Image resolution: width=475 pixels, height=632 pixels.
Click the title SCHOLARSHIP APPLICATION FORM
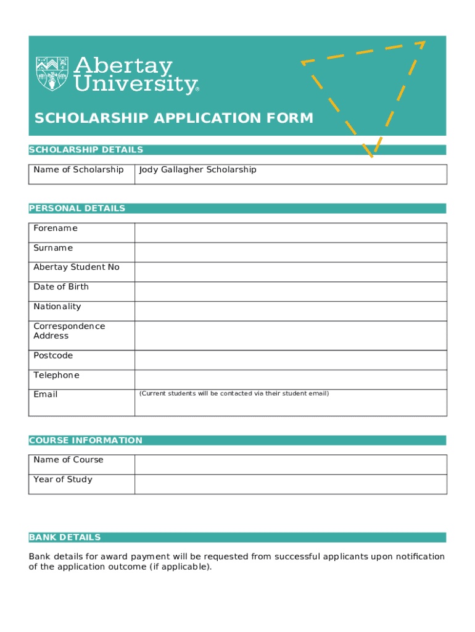click(174, 118)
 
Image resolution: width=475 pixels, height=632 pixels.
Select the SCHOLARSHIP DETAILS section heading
click(86, 150)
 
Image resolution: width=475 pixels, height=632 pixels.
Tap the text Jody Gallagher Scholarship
click(197, 170)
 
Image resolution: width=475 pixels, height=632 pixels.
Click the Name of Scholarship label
click(78, 170)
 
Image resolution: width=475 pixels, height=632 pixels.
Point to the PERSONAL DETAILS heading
click(77, 209)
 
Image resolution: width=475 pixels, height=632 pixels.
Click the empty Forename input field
click(290, 233)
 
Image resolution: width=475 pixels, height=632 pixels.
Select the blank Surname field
click(290, 252)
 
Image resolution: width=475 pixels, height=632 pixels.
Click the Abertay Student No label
click(76, 267)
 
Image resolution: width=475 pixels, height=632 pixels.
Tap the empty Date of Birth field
click(290, 291)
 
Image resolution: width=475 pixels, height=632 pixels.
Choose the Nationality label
click(57, 307)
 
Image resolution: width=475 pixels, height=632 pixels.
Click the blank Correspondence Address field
click(290, 336)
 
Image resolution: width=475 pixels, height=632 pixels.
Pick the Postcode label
click(53, 355)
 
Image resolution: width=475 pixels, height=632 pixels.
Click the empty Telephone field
click(290, 380)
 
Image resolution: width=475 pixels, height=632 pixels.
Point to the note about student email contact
click(234, 394)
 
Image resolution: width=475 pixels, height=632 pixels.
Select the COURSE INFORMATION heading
click(86, 441)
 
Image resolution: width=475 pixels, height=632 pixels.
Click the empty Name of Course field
click(290, 465)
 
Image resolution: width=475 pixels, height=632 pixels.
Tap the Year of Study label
click(63, 480)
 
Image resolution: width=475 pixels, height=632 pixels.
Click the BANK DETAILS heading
click(65, 538)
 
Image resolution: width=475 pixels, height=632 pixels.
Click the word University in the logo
click(135, 85)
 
